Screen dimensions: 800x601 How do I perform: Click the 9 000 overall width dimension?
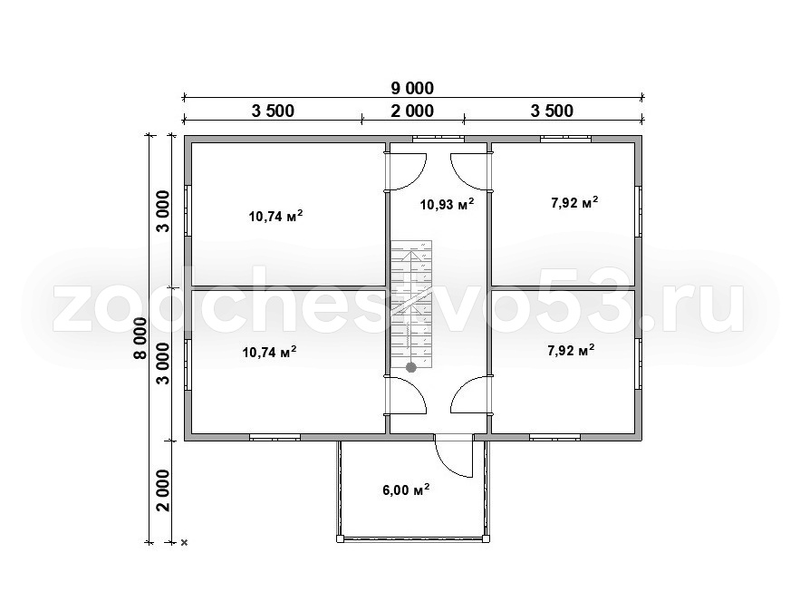coord(412,88)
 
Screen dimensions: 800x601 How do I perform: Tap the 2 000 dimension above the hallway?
coord(412,111)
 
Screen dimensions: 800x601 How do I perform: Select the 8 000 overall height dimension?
coord(140,338)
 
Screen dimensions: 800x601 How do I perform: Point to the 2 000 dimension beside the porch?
coord(163,490)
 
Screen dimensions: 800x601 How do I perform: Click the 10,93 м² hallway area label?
coord(448,204)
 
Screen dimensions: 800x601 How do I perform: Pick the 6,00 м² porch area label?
coord(406,490)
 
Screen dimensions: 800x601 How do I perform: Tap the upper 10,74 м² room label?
coord(276,216)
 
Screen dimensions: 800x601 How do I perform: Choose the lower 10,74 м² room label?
coord(269,352)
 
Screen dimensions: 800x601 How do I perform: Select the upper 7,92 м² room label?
coord(574,203)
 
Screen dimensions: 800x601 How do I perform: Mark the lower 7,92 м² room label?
coord(571,350)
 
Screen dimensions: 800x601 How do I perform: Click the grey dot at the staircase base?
coord(410,367)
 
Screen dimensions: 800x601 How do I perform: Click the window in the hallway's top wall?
coord(439,138)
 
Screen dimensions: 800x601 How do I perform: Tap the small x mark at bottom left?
coord(185,543)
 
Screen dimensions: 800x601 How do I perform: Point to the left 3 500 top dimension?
coord(273,111)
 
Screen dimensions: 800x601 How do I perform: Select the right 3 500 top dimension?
coord(552,111)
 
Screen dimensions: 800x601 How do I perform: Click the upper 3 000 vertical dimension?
coord(163,211)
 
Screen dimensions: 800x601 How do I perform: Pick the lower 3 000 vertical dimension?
coord(163,364)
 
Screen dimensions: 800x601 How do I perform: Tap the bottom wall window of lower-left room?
coord(275,437)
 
